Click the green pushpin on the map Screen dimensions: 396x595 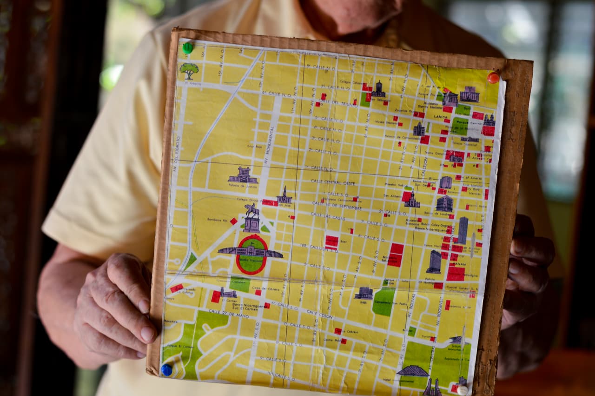tap(187, 47)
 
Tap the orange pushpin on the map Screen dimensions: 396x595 tap(493, 77)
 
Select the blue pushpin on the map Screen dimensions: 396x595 tap(166, 369)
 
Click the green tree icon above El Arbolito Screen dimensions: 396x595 tap(189, 70)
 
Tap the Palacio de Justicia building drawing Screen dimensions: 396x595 tap(243, 175)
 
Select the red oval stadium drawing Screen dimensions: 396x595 tap(251, 254)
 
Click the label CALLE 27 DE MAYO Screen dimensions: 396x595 tap(228, 314)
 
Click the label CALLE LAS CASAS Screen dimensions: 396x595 tap(328, 215)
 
